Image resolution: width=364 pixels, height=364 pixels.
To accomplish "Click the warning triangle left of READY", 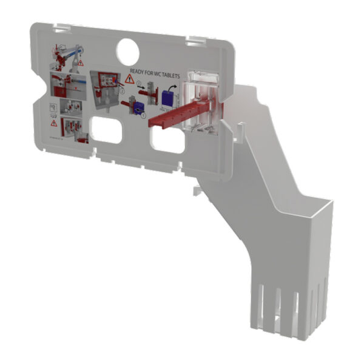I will tap(129, 79).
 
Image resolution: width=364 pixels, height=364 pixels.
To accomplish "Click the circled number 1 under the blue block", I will tap(144, 118).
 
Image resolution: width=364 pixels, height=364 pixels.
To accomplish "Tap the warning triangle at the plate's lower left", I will tap(54, 123).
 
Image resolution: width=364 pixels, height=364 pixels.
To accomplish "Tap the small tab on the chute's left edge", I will tap(195, 190).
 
